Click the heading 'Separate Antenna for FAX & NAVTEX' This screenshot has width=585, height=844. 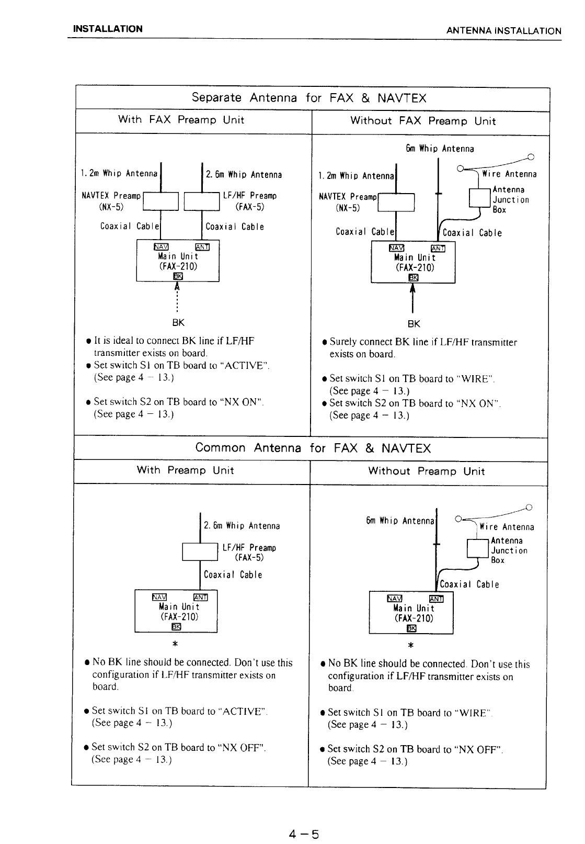click(x=309, y=98)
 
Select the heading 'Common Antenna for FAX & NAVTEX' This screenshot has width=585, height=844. click(x=313, y=448)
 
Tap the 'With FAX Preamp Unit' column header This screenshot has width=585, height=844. click(x=181, y=120)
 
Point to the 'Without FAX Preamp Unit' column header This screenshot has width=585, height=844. click(x=422, y=121)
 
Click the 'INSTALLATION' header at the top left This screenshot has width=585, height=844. click(x=108, y=29)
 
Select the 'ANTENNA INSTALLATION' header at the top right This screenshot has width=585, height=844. click(x=503, y=31)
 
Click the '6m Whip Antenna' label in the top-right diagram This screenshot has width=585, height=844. click(x=440, y=149)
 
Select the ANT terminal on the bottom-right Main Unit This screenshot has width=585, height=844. click(x=435, y=599)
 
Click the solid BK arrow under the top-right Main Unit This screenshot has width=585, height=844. click(x=413, y=299)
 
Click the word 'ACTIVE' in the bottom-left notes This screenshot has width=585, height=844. click(x=244, y=711)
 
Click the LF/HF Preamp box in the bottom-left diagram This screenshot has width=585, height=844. click(x=200, y=552)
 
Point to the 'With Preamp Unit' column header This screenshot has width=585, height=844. click(x=186, y=470)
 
